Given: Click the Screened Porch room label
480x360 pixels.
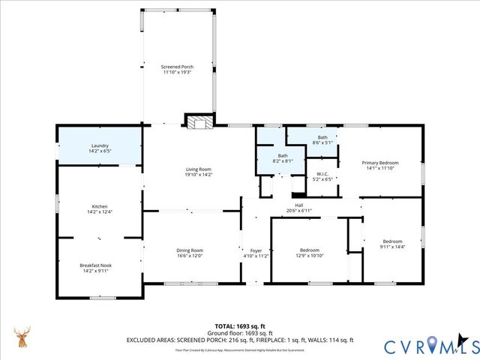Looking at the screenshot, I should point(176,67).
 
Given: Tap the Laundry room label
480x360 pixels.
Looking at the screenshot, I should point(100,145).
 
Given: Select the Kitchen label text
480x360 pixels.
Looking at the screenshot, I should point(100,206).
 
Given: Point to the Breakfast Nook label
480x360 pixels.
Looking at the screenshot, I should point(100,265).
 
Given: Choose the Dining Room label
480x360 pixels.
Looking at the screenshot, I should point(190,250).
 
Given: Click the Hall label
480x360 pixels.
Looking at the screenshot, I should point(298,205).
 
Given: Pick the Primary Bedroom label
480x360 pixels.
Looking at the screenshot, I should point(380,163).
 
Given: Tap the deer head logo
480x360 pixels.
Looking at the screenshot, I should point(22,338).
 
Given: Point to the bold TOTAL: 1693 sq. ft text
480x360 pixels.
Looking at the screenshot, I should point(240,326).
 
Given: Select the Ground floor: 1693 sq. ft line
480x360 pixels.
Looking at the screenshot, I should point(240,333).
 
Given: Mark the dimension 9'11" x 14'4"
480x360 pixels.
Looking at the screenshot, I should point(392,247).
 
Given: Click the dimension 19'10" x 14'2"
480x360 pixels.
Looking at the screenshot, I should point(199,175).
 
